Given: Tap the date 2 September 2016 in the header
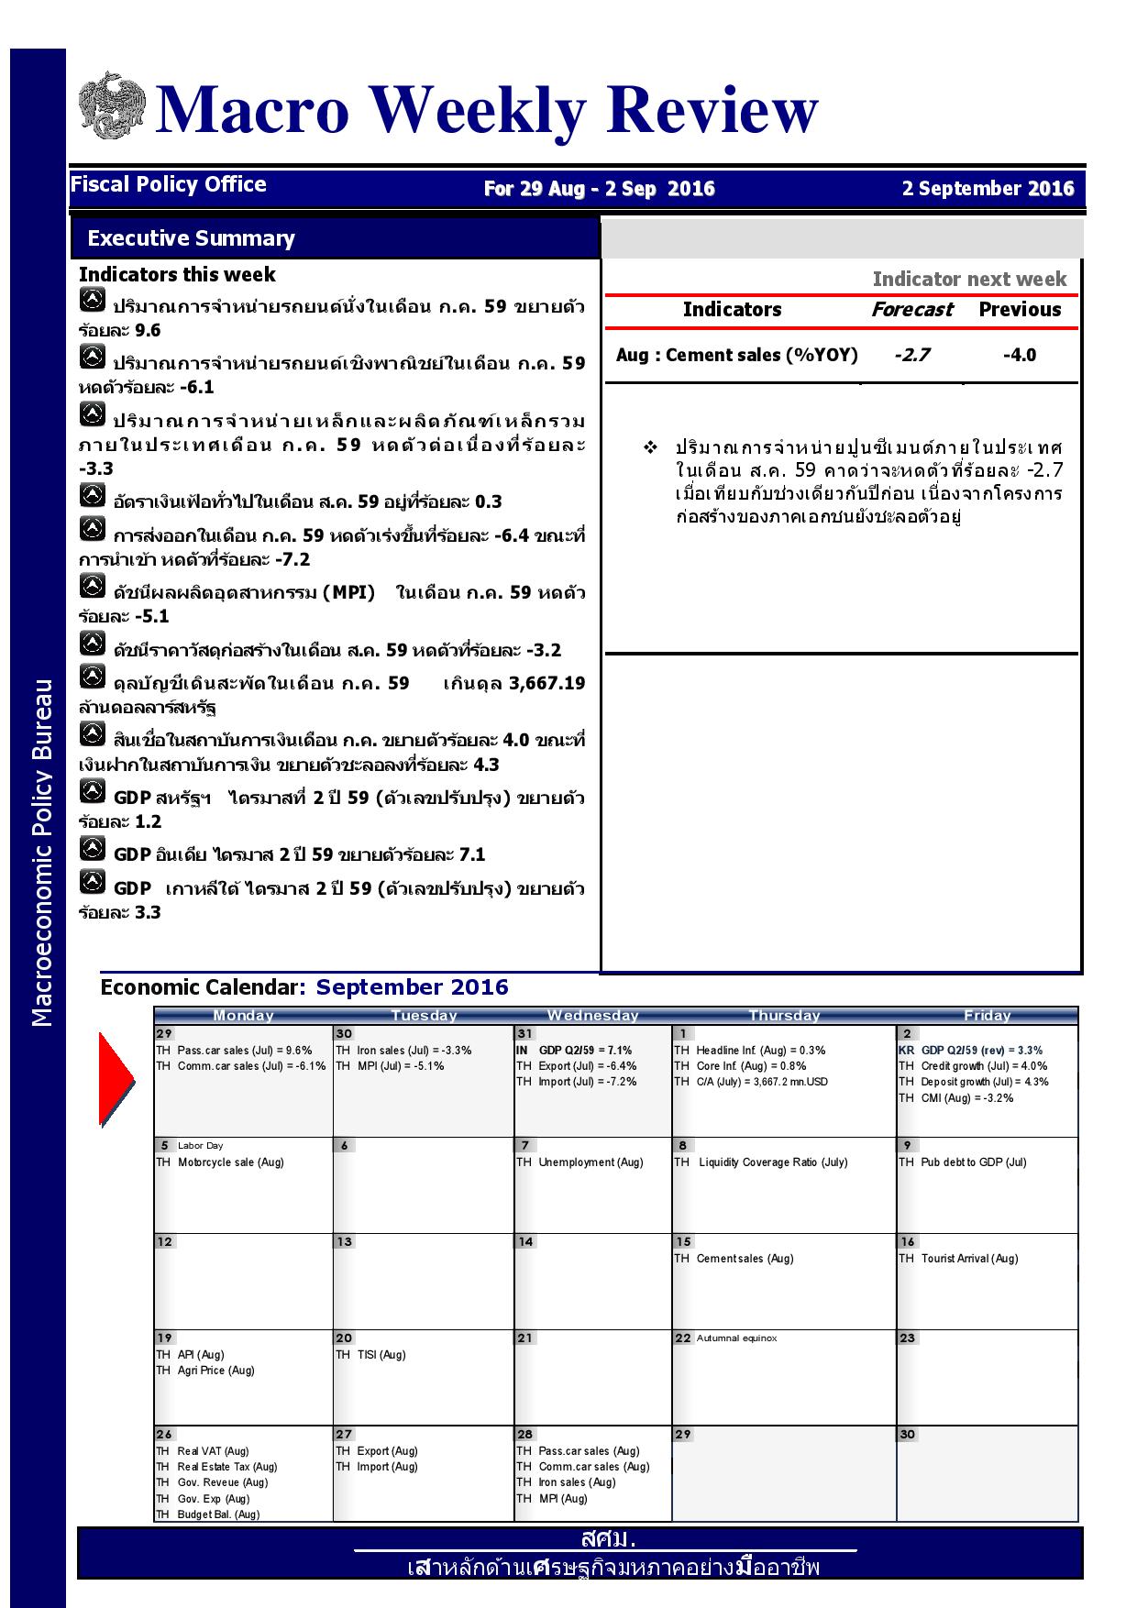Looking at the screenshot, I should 988,189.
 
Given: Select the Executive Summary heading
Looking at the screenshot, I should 191,238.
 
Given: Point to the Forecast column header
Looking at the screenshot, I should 911,310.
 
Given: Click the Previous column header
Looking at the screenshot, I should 1020,310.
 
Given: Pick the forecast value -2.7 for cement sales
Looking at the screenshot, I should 911,356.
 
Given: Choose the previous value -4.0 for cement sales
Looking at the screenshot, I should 1020,356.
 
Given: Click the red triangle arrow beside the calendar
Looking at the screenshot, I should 116,1079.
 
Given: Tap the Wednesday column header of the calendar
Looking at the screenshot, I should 592,1015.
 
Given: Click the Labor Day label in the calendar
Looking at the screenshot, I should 200,1146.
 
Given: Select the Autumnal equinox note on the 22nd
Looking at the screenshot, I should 736,1338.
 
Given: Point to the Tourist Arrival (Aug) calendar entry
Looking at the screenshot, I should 969,1259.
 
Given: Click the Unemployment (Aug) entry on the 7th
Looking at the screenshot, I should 591,1162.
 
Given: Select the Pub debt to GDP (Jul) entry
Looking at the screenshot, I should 973,1162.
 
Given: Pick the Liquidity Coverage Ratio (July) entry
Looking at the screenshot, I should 773,1162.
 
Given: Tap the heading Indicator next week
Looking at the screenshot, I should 969,280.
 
